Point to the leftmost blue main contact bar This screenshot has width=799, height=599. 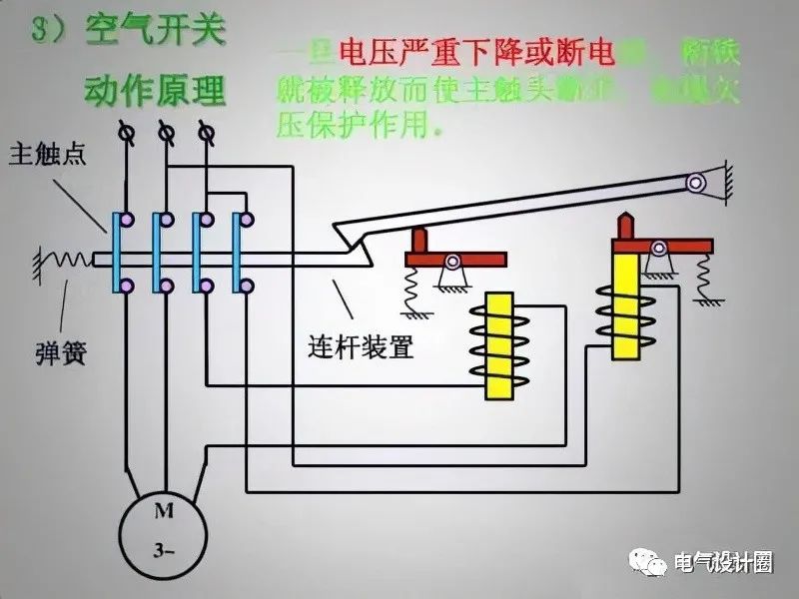(x=118, y=254)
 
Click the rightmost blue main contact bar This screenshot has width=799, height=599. (x=239, y=254)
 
